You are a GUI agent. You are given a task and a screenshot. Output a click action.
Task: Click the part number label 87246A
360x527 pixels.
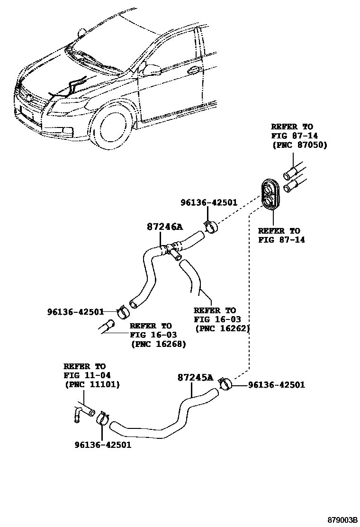(x=163, y=227)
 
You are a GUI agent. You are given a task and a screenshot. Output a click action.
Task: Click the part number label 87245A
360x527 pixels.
(x=196, y=377)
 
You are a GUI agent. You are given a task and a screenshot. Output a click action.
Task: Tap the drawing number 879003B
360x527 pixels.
(x=338, y=520)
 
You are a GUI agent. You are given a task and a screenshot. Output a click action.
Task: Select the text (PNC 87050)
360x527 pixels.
(x=299, y=145)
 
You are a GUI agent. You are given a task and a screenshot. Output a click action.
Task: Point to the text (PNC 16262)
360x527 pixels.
(x=222, y=328)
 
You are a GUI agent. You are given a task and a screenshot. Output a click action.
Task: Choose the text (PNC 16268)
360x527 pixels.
(x=158, y=344)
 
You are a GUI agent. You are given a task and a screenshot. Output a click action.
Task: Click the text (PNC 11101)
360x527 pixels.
(x=92, y=384)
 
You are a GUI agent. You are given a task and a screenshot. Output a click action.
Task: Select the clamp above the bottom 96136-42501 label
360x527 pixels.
(x=103, y=418)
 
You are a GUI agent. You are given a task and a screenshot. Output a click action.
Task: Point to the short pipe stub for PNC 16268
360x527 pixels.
(x=107, y=327)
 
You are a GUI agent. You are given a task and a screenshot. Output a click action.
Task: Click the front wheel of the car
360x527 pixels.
(x=114, y=128)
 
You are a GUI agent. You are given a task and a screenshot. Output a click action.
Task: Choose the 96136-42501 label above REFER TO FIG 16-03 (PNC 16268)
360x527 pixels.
(x=75, y=311)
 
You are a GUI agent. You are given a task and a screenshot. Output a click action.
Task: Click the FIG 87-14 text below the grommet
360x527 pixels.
(x=281, y=240)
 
